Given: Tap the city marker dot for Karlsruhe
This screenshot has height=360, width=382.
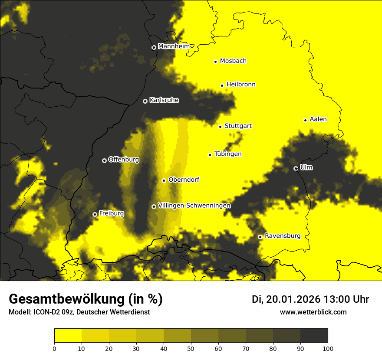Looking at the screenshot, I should click(x=145, y=101).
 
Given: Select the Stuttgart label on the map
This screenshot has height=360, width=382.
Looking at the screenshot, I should click(x=238, y=126).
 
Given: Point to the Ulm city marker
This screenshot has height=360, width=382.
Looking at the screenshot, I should click(x=296, y=168).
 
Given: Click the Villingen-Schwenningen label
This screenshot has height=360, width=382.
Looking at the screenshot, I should click(x=194, y=206).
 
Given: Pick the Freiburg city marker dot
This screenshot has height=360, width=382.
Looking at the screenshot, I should click(x=95, y=214).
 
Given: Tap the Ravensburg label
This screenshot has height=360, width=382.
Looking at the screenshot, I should click(x=282, y=236).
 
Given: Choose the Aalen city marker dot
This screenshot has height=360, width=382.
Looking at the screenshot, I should click(x=305, y=120).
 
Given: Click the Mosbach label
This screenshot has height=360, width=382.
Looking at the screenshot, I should click(x=233, y=61).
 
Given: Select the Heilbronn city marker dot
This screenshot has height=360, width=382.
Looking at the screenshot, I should click(x=222, y=85).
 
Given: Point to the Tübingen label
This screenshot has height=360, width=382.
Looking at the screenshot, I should click(x=228, y=154).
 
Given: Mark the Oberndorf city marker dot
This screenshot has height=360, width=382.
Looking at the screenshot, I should click(x=164, y=180).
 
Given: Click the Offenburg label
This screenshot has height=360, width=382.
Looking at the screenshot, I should click(x=124, y=160).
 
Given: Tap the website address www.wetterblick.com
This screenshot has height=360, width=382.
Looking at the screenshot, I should click(x=313, y=312).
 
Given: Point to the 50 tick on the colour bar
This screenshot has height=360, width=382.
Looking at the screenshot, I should click(x=191, y=348).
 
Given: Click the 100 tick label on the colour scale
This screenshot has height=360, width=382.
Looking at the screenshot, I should click(x=328, y=348).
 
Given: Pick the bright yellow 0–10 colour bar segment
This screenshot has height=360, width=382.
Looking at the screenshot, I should click(x=68, y=336).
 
